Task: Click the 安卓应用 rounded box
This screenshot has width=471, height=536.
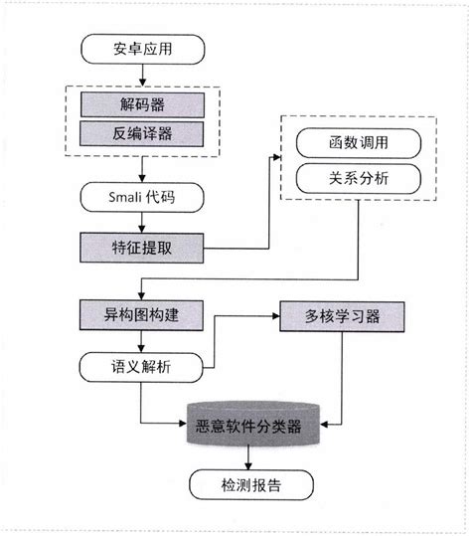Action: tap(143, 47)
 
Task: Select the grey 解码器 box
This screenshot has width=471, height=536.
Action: tap(143, 103)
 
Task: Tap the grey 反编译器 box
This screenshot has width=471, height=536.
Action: tap(143, 132)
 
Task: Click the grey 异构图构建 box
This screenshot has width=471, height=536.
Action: tap(143, 317)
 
